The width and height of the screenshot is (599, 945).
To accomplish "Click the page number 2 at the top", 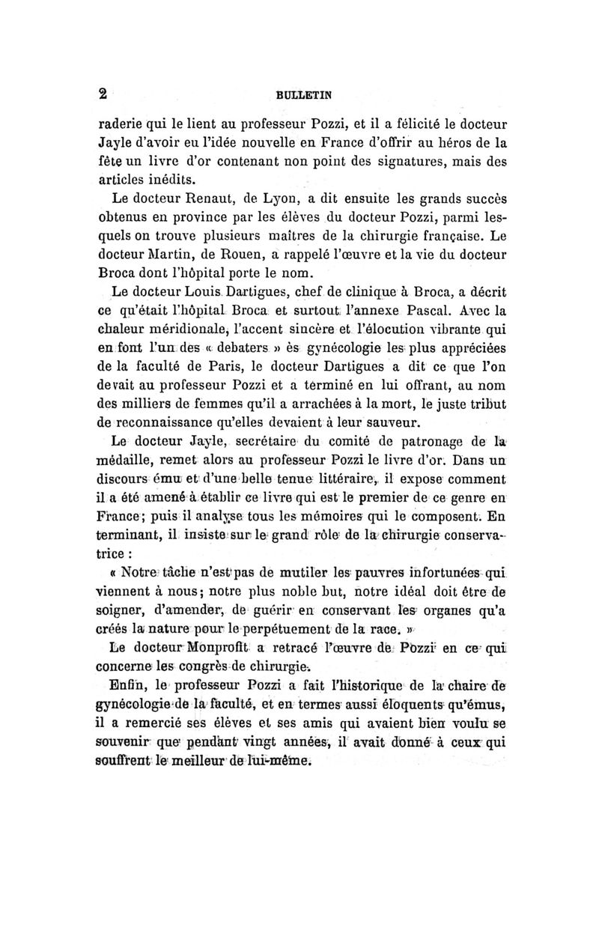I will click(x=104, y=94).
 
